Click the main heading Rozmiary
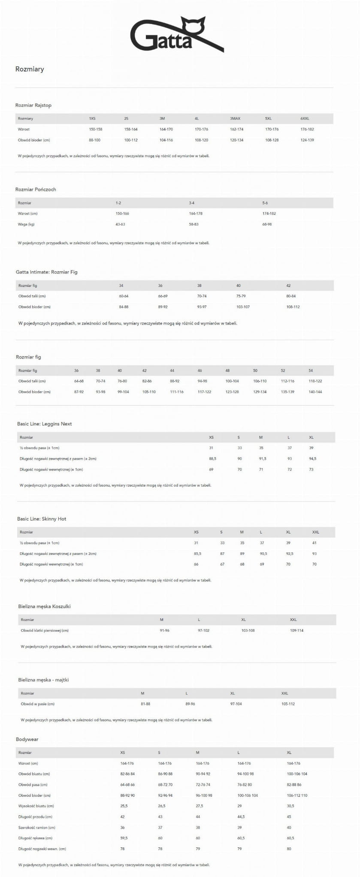click(30, 69)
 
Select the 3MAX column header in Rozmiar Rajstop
click(235, 118)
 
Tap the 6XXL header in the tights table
click(305, 118)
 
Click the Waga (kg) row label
click(26, 224)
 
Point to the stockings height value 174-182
click(269, 214)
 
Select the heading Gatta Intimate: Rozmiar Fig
click(46, 272)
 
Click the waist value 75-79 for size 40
click(241, 296)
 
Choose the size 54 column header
click(311, 371)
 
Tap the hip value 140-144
click(315, 392)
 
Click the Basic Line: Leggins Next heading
click(44, 424)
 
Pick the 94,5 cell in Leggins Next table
click(312, 459)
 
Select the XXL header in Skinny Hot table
click(315, 532)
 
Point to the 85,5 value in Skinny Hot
click(197, 554)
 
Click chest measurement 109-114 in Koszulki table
click(296, 630)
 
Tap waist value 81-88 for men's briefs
click(145, 704)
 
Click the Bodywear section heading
click(27, 739)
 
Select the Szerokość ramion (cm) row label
click(36, 827)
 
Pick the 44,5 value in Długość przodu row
click(242, 817)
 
